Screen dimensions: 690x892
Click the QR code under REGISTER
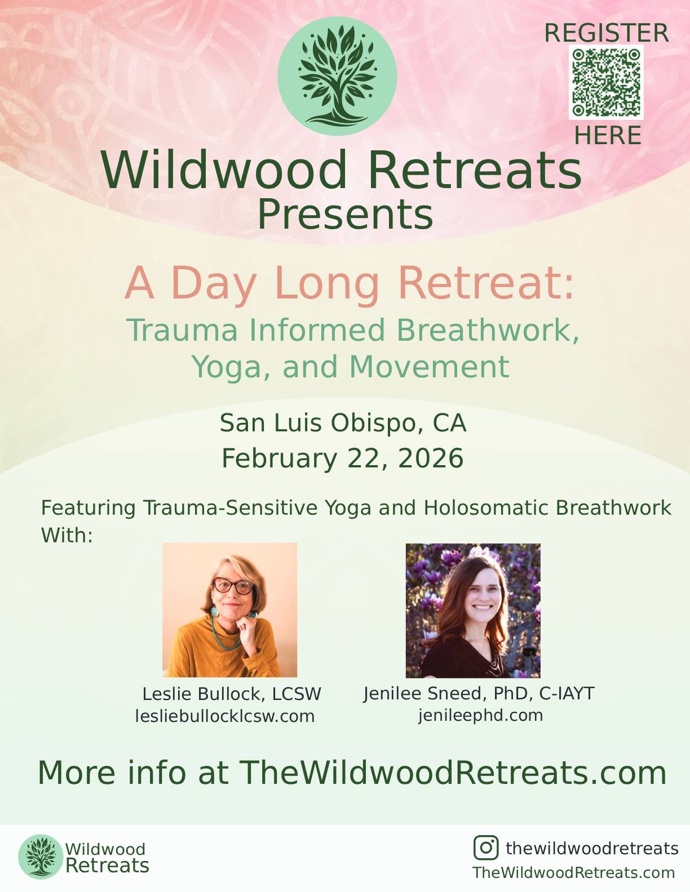(x=606, y=83)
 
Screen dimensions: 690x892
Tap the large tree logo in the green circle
(x=337, y=76)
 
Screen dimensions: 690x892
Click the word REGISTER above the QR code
(x=607, y=33)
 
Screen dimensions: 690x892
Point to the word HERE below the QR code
(x=607, y=136)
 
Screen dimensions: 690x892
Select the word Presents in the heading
(x=345, y=215)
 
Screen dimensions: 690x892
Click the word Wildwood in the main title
(x=224, y=170)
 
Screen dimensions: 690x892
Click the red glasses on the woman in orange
(x=233, y=586)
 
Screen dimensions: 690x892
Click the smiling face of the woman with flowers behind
(x=481, y=595)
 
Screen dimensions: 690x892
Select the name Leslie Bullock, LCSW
(x=232, y=694)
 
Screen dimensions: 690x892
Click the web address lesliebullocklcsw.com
(x=225, y=716)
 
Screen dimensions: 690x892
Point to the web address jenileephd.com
(x=481, y=716)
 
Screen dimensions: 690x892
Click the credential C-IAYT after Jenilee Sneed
(x=567, y=693)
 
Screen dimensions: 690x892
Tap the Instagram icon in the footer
(x=486, y=848)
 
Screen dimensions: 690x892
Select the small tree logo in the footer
(x=40, y=857)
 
